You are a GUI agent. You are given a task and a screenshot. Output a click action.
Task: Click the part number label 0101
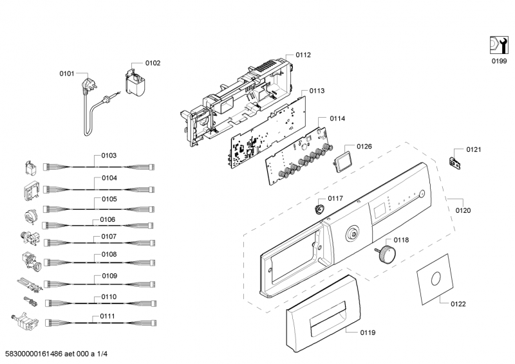click(x=67, y=73)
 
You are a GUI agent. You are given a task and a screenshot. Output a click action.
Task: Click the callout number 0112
click(x=303, y=55)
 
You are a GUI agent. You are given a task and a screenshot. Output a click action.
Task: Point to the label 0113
click(x=317, y=91)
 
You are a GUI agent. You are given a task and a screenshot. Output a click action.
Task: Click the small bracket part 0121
click(x=454, y=163)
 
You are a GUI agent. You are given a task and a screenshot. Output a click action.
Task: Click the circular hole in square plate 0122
click(x=436, y=278)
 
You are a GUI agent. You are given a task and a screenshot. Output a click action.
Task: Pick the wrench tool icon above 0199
click(x=499, y=44)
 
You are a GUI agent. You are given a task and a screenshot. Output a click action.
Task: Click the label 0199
click(x=500, y=61)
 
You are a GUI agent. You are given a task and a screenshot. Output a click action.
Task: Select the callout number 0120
click(x=463, y=210)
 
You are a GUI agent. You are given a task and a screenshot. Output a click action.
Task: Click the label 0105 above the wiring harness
click(x=109, y=199)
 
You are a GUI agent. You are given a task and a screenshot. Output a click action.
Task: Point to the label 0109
click(x=109, y=276)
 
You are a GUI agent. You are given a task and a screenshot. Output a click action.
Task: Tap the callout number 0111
click(x=108, y=316)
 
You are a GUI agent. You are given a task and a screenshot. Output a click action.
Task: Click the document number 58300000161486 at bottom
click(x=34, y=354)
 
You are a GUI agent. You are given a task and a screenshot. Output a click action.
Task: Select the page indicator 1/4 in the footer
click(x=102, y=354)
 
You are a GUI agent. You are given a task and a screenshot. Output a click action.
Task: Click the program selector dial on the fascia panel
click(x=353, y=233)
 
